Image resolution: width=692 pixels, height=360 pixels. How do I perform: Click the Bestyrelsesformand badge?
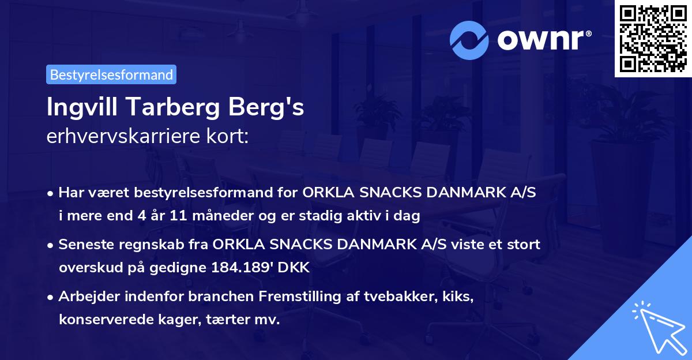click(x=111, y=74)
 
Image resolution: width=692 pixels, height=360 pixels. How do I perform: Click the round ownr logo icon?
click(x=470, y=40)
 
